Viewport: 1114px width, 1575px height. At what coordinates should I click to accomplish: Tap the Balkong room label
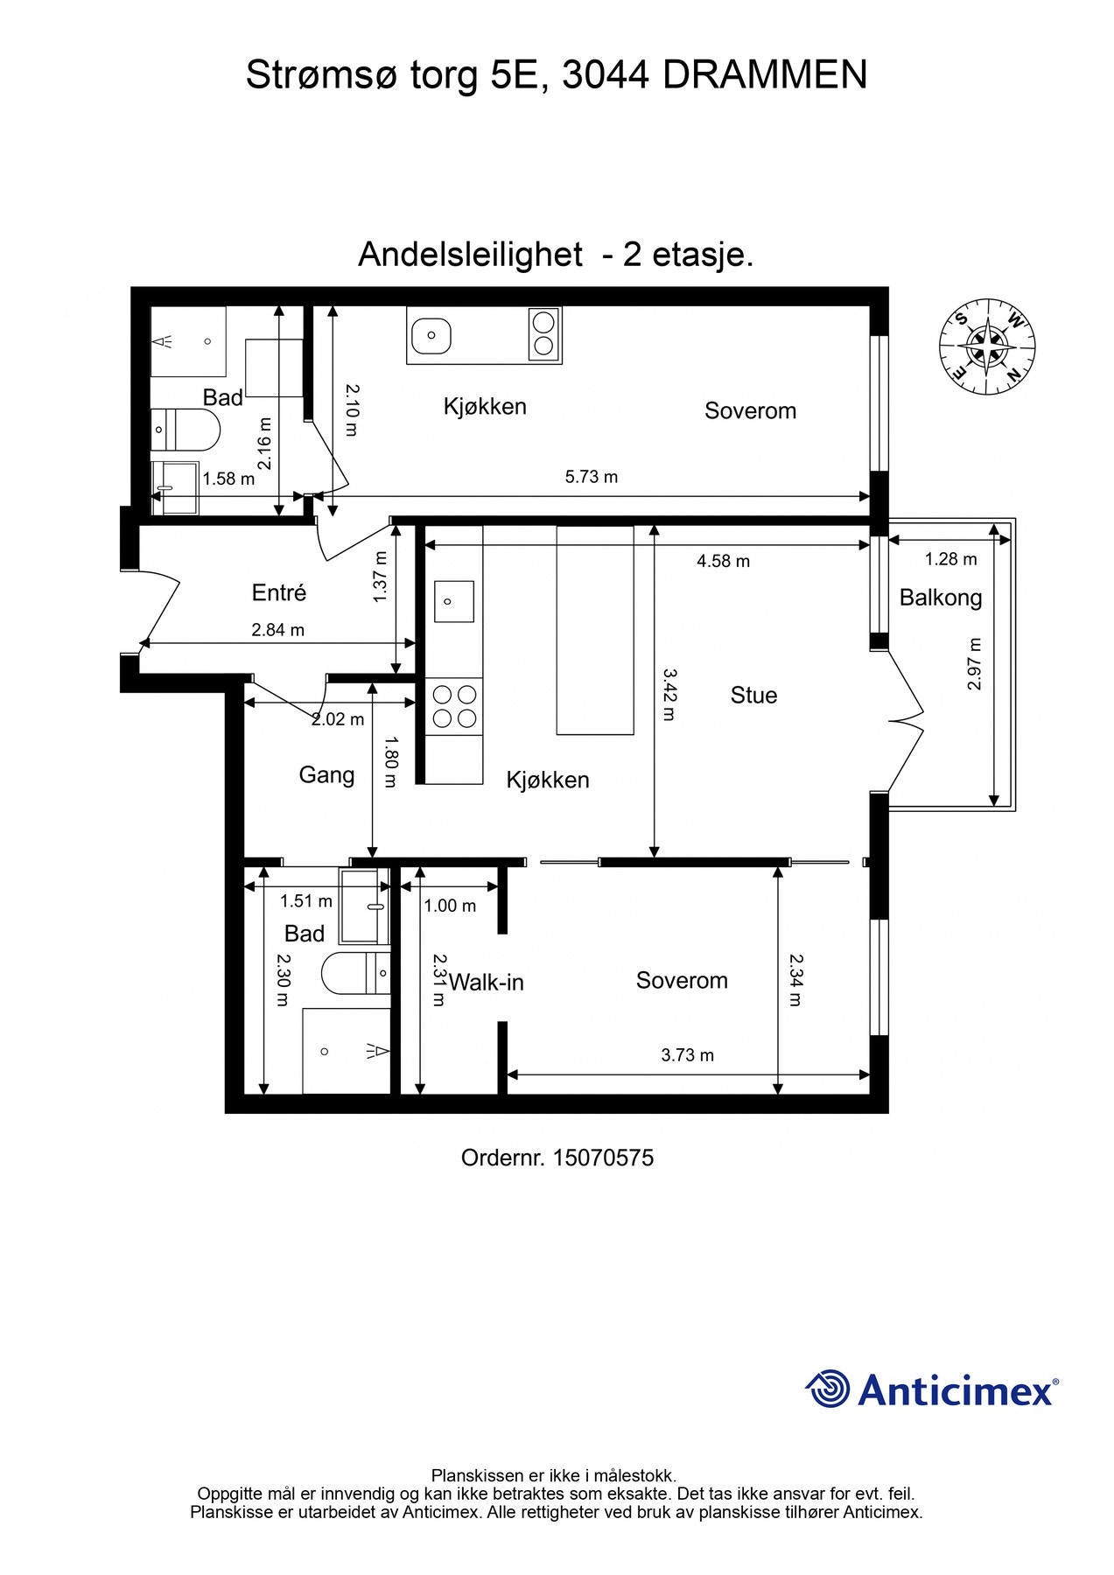pyautogui.click(x=941, y=598)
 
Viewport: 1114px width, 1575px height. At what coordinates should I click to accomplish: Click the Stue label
pyautogui.click(x=753, y=696)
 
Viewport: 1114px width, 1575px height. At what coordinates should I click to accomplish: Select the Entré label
pyautogui.click(x=279, y=593)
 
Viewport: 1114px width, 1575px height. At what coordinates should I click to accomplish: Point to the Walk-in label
pyautogui.click(x=487, y=983)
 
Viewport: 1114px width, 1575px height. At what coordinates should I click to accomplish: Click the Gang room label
pyautogui.click(x=326, y=775)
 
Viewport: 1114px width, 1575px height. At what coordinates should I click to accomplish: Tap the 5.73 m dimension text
pyautogui.click(x=591, y=477)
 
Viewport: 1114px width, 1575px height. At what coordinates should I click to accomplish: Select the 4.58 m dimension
pyautogui.click(x=723, y=561)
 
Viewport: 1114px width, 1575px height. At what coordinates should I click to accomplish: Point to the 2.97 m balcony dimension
pyautogui.click(x=975, y=663)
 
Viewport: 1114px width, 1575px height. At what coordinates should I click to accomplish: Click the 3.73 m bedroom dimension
pyautogui.click(x=687, y=1055)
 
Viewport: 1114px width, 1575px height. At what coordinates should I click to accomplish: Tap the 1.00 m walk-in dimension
pyautogui.click(x=450, y=906)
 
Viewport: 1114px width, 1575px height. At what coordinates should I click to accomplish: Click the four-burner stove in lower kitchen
pyautogui.click(x=455, y=706)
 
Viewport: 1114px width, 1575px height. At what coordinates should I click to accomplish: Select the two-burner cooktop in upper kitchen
pyautogui.click(x=544, y=333)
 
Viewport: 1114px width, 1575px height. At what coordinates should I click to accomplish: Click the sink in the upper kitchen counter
pyautogui.click(x=431, y=334)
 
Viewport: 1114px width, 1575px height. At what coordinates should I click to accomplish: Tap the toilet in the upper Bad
pyautogui.click(x=186, y=429)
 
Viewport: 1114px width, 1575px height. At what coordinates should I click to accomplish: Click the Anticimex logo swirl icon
pyautogui.click(x=828, y=1389)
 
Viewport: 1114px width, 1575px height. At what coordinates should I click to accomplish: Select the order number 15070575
pyautogui.click(x=603, y=1158)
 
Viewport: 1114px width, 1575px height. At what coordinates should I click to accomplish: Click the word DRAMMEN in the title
pyautogui.click(x=765, y=75)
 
